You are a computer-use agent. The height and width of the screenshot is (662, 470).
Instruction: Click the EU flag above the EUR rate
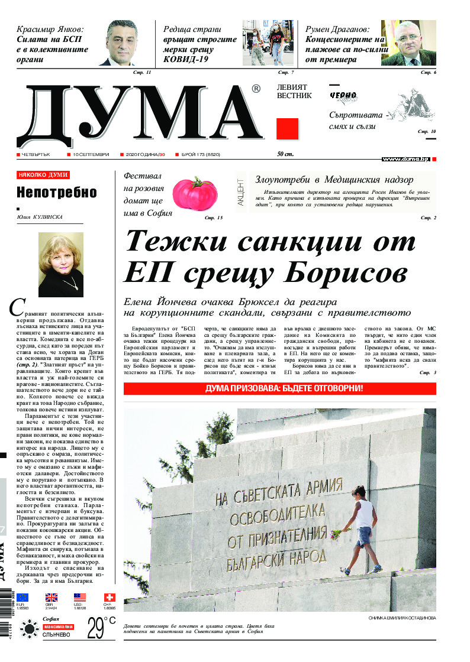[22, 598]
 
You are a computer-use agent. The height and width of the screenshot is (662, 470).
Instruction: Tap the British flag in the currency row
[51, 598]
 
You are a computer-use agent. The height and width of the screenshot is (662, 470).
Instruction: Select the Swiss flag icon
[109, 598]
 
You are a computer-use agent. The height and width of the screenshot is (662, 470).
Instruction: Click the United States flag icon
[80, 598]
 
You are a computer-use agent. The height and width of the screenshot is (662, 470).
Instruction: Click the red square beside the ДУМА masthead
[287, 129]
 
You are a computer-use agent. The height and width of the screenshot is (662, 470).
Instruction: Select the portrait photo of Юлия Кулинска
[61, 260]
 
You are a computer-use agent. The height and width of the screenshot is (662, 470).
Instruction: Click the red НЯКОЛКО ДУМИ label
[43, 175]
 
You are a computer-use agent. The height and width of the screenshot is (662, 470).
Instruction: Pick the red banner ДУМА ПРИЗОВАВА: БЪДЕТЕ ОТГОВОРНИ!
[279, 389]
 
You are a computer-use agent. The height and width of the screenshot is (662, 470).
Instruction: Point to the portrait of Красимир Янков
[126, 43]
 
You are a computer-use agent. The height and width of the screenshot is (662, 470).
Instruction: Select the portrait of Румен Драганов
[408, 43]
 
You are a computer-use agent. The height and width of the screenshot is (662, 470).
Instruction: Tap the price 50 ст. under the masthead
[286, 154]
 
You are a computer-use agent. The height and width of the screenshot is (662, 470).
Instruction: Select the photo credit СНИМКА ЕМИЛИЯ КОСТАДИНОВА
[402, 618]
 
